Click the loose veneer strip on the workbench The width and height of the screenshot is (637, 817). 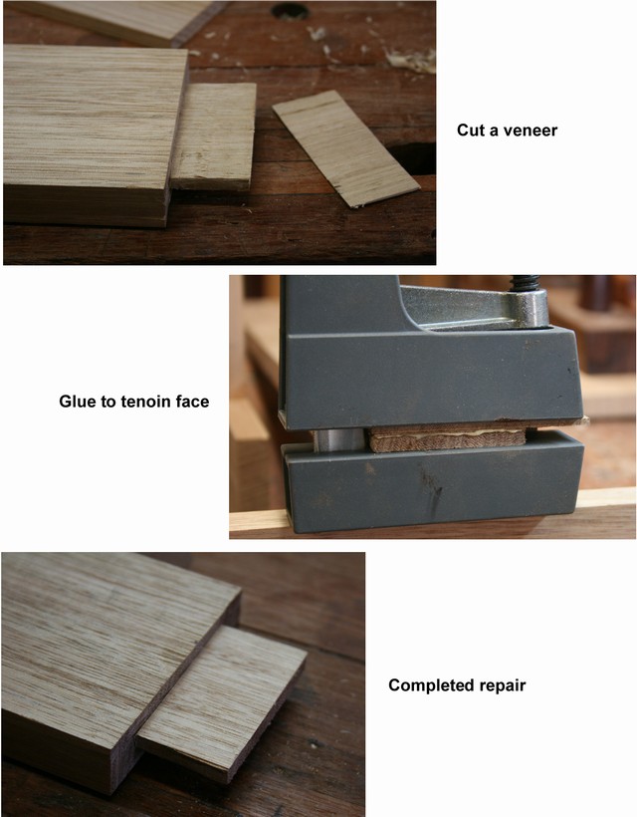tap(345, 148)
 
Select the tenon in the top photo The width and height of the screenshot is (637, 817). tap(214, 136)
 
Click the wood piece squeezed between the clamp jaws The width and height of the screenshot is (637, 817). tap(448, 437)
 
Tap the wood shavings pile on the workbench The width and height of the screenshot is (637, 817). tap(411, 59)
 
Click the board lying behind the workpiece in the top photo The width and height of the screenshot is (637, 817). tap(119, 21)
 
